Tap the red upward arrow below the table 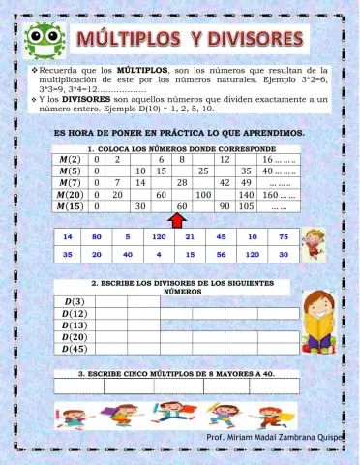coord(176,220)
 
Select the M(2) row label coord(71,158)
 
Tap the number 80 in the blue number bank coord(97,236)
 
